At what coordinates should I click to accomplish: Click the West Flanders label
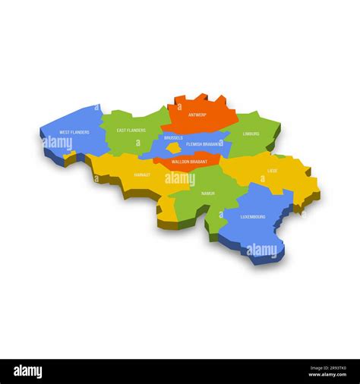coord(74,132)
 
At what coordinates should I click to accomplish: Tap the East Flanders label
coord(131,130)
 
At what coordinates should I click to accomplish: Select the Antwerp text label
coord(197,115)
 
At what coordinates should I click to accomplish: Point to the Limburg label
coord(251,134)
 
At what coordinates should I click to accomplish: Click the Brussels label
coord(173,138)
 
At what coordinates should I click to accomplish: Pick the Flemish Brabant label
coord(204,143)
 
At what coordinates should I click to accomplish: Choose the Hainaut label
coord(142,175)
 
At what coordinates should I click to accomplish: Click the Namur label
coord(207,194)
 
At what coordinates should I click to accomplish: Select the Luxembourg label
coord(253,216)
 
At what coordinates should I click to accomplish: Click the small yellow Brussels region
coord(175,148)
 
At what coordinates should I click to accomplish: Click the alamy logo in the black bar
coord(28,372)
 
